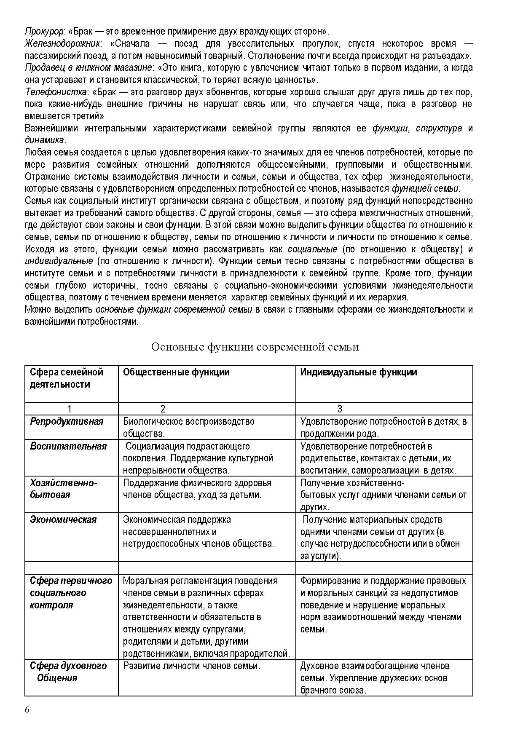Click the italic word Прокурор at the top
(44, 31)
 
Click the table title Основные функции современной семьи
(255, 347)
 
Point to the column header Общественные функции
(176, 372)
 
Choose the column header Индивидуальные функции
(359, 372)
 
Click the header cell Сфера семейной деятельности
(67, 378)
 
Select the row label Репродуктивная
(67, 421)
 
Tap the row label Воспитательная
(68, 446)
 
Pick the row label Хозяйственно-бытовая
(63, 489)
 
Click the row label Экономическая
(63, 519)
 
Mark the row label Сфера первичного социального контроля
(71, 593)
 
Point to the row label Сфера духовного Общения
(68, 672)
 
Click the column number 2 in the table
(163, 409)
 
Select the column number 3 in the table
(340, 409)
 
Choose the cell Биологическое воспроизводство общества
(188, 427)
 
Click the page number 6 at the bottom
(27, 710)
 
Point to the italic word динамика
(45, 140)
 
